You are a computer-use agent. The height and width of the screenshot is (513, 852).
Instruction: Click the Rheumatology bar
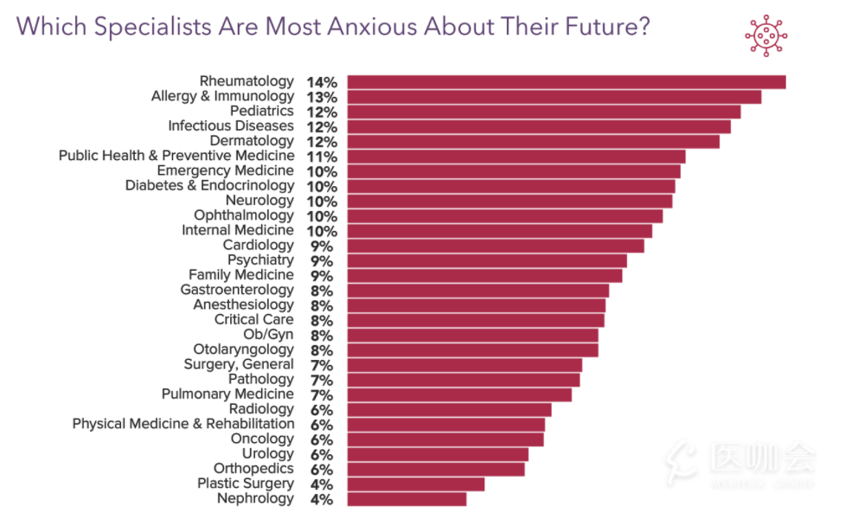[567, 82]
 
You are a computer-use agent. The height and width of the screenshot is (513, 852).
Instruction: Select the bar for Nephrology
[407, 499]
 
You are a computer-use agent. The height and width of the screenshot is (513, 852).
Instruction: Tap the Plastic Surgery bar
[416, 484]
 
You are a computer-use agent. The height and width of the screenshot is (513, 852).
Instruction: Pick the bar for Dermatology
[533, 142]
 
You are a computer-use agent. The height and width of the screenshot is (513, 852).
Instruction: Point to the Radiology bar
[449, 410]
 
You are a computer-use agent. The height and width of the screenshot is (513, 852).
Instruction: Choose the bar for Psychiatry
[487, 260]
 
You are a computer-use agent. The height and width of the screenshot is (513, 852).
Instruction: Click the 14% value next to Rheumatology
[321, 82]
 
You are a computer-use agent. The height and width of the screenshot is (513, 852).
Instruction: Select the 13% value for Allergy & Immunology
[321, 97]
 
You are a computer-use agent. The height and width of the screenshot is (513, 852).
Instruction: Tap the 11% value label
[321, 157]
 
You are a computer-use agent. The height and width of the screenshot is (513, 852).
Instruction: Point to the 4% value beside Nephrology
[321, 499]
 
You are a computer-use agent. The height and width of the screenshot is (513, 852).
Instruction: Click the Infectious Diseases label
[231, 126]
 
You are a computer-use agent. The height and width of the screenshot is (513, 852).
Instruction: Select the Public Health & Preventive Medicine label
[176, 156]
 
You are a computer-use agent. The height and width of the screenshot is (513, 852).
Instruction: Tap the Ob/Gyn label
[269, 335]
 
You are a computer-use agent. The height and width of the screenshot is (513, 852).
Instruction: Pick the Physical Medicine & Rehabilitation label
[183, 424]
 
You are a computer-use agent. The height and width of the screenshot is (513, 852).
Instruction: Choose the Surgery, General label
[239, 364]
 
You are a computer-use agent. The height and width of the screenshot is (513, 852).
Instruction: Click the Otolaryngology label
[244, 349]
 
